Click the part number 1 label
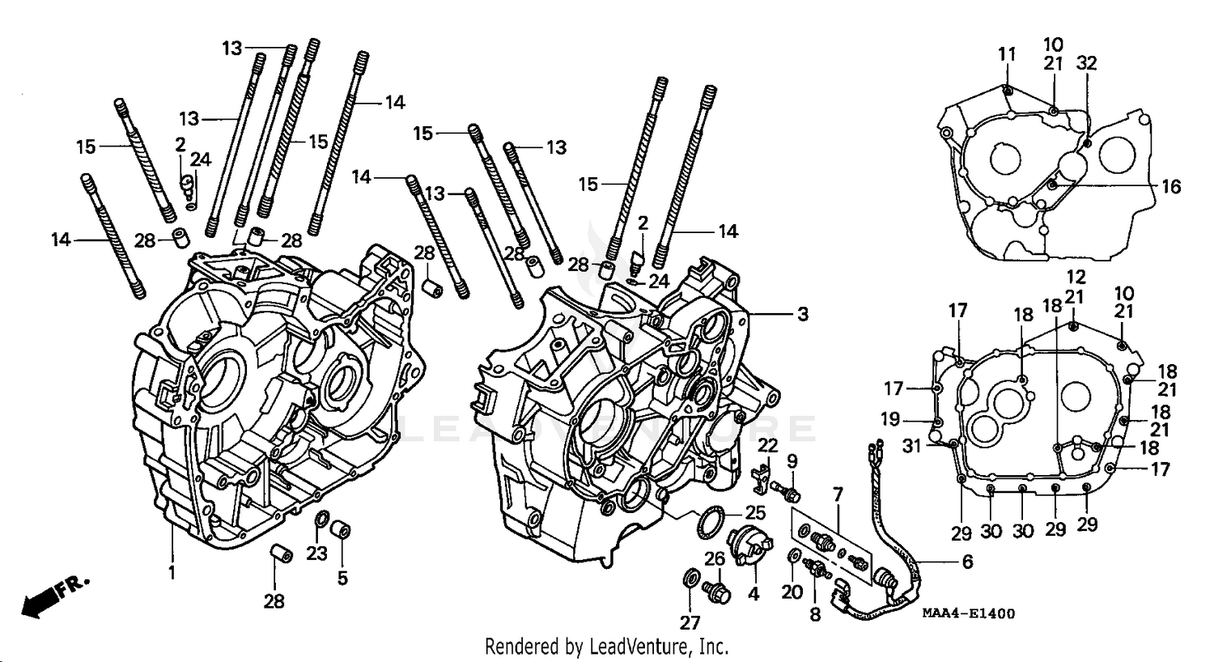click(172, 572)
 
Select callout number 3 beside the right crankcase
click(801, 314)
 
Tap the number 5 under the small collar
click(342, 578)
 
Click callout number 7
click(838, 494)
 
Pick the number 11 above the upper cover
click(1006, 55)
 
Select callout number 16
click(1170, 187)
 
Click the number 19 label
click(890, 419)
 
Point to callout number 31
click(912, 445)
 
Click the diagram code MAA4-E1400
click(968, 614)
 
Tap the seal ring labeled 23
click(320, 520)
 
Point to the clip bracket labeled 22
click(759, 477)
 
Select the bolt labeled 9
click(787, 490)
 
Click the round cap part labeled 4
click(745, 545)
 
